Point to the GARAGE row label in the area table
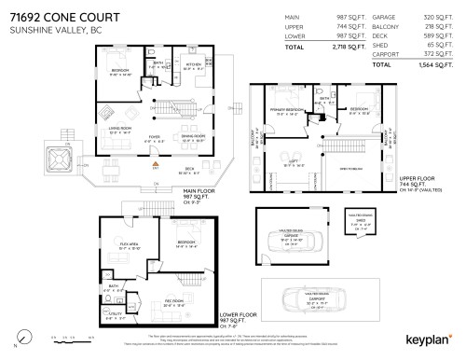point(383,18)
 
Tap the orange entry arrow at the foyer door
point(157,166)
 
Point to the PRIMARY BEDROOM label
point(283,109)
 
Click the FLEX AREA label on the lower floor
point(130,245)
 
